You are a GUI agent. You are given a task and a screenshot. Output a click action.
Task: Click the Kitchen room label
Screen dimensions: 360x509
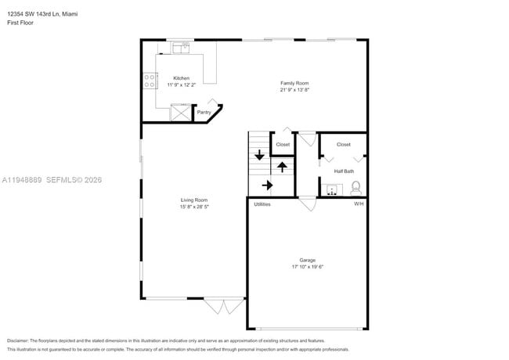[x=181, y=78]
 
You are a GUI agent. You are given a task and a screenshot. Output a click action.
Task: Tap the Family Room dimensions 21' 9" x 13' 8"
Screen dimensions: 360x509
[x=295, y=89]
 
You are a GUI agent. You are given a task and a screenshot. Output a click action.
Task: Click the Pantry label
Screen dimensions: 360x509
[x=204, y=113]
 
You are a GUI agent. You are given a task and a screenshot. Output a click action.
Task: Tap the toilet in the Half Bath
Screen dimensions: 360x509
[x=356, y=187]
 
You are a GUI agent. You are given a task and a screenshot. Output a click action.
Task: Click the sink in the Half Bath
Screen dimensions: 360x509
[x=333, y=189]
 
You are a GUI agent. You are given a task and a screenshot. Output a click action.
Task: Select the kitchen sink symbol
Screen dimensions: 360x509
[x=182, y=48]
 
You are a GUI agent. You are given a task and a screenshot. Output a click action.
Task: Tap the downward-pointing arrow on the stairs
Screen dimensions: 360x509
[x=259, y=154]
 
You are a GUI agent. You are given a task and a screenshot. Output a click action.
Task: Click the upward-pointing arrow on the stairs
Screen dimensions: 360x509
[x=282, y=167]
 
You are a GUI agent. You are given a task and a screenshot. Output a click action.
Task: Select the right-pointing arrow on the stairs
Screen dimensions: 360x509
[x=267, y=185]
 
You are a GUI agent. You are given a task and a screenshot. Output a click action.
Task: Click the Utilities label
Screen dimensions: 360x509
[x=262, y=204]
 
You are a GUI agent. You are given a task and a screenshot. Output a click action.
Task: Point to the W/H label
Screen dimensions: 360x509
[x=359, y=204]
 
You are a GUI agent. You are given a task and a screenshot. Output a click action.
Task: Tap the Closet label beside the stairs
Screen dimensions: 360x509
[x=283, y=145]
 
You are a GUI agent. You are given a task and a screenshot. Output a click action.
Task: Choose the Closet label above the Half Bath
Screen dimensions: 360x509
[x=344, y=145]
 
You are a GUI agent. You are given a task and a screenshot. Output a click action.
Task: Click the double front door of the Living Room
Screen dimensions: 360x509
[x=224, y=305]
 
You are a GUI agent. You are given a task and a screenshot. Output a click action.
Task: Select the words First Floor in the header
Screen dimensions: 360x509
[x=20, y=23]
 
